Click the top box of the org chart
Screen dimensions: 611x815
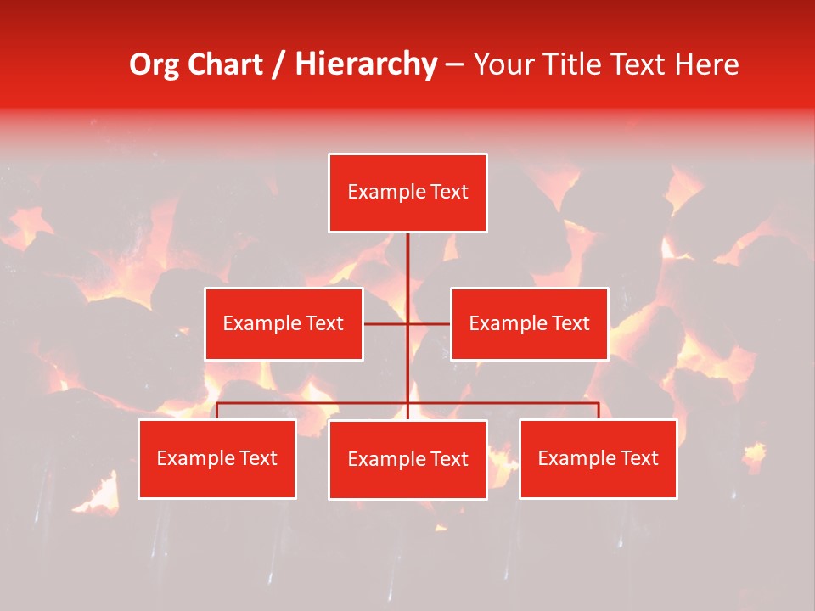click(407, 193)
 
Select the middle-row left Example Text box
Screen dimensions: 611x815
click(284, 323)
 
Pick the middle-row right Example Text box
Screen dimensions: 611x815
click(529, 323)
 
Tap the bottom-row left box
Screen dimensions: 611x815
click(217, 458)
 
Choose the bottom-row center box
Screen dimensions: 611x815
click(407, 459)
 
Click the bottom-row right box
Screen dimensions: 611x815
click(598, 458)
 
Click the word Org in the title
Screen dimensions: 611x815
click(155, 64)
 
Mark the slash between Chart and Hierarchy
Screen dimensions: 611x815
click(279, 64)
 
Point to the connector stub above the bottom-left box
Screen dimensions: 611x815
click(217, 411)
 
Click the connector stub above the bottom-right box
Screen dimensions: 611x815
click(598, 411)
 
